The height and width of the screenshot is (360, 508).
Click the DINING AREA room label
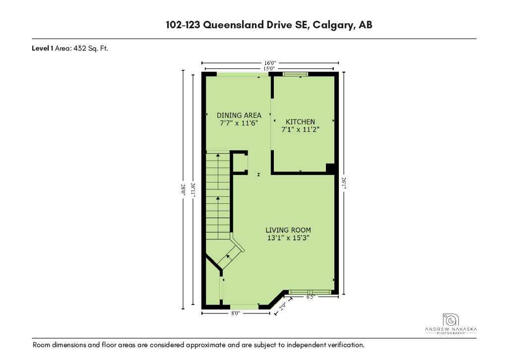click(x=239, y=115)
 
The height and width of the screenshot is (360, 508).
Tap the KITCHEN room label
click(x=300, y=121)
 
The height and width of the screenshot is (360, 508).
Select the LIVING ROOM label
click(x=288, y=230)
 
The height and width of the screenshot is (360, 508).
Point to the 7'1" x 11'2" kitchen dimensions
click(x=300, y=129)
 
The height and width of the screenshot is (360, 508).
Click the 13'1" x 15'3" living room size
click(x=288, y=238)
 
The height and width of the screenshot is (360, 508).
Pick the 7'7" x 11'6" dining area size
click(x=239, y=123)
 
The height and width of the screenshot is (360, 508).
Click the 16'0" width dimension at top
click(x=270, y=63)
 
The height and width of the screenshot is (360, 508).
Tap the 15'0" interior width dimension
click(x=269, y=68)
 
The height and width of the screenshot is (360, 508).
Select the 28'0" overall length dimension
click(x=183, y=189)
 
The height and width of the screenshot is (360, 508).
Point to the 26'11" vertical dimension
click(x=193, y=190)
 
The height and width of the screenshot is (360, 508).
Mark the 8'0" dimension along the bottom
click(x=236, y=313)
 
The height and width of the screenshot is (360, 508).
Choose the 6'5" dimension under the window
click(x=311, y=297)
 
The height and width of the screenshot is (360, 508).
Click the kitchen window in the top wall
click(x=295, y=74)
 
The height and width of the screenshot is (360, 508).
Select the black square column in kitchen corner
click(x=330, y=168)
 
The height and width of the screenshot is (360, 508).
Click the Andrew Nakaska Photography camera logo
click(x=450, y=320)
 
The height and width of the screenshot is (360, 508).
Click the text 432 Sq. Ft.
click(x=91, y=49)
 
